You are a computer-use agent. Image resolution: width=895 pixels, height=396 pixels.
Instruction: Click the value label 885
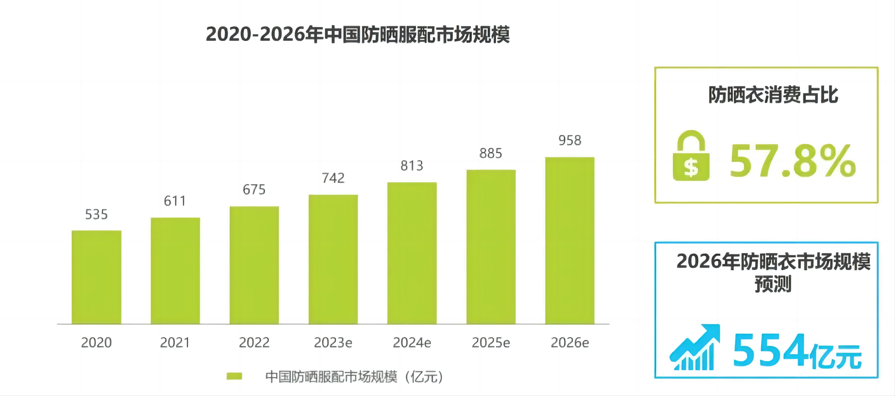coord(491,153)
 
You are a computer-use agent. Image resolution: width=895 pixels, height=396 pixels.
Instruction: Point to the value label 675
coord(254,190)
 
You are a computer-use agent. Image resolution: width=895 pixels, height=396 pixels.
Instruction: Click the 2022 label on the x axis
coord(254,343)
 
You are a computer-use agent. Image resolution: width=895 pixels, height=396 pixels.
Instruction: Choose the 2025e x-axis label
coord(491,343)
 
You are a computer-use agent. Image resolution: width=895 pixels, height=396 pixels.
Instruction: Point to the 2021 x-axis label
coord(175,343)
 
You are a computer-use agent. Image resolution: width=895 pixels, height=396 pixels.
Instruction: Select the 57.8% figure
coord(792,161)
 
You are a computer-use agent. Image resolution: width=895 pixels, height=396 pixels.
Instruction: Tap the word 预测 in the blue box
coord(773,284)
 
